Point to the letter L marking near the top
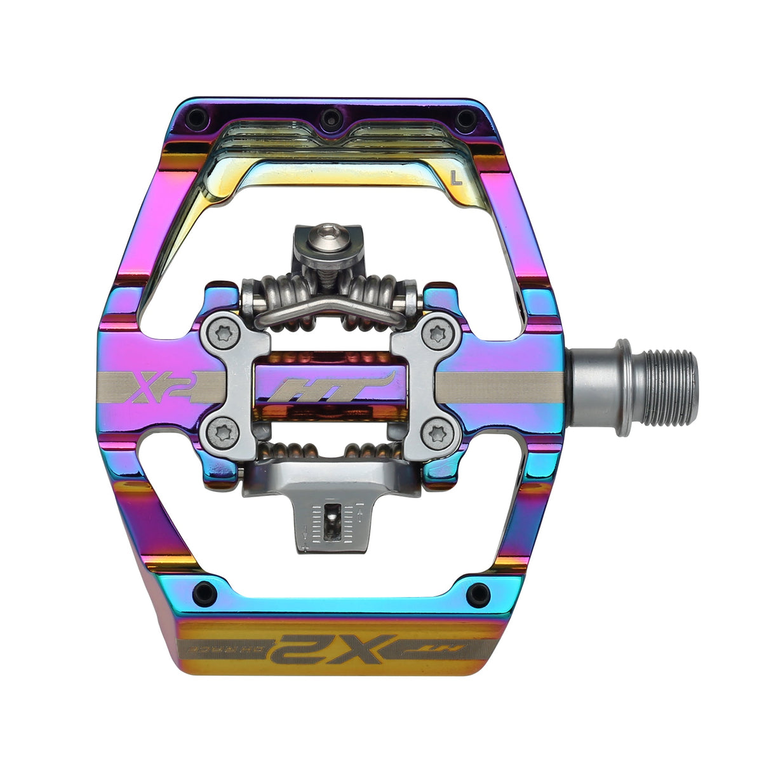pyautogui.click(x=455, y=178)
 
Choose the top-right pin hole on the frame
pyautogui.click(x=465, y=117)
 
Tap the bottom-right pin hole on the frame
pyautogui.click(x=477, y=594)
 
